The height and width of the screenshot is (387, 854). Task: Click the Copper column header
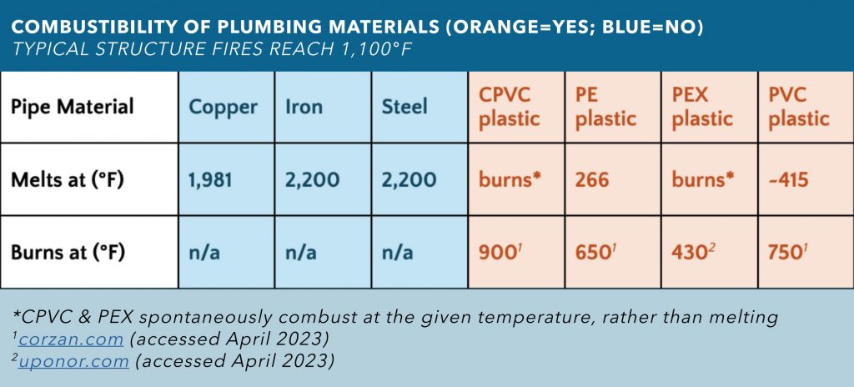224,107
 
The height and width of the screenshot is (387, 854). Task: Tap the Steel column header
404,107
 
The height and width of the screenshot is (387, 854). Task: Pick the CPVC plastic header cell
509,107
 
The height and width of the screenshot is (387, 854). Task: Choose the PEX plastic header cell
702,107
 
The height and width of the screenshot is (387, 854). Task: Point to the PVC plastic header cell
799,107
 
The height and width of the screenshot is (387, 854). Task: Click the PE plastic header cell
605,107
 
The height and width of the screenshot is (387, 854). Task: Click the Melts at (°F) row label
68,179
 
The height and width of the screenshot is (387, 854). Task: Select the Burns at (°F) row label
68,252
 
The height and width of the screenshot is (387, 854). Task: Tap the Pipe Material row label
73,107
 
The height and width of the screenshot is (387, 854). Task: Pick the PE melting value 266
591,179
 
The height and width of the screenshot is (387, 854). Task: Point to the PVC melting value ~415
788,179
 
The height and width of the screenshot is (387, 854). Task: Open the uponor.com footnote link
75,361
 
